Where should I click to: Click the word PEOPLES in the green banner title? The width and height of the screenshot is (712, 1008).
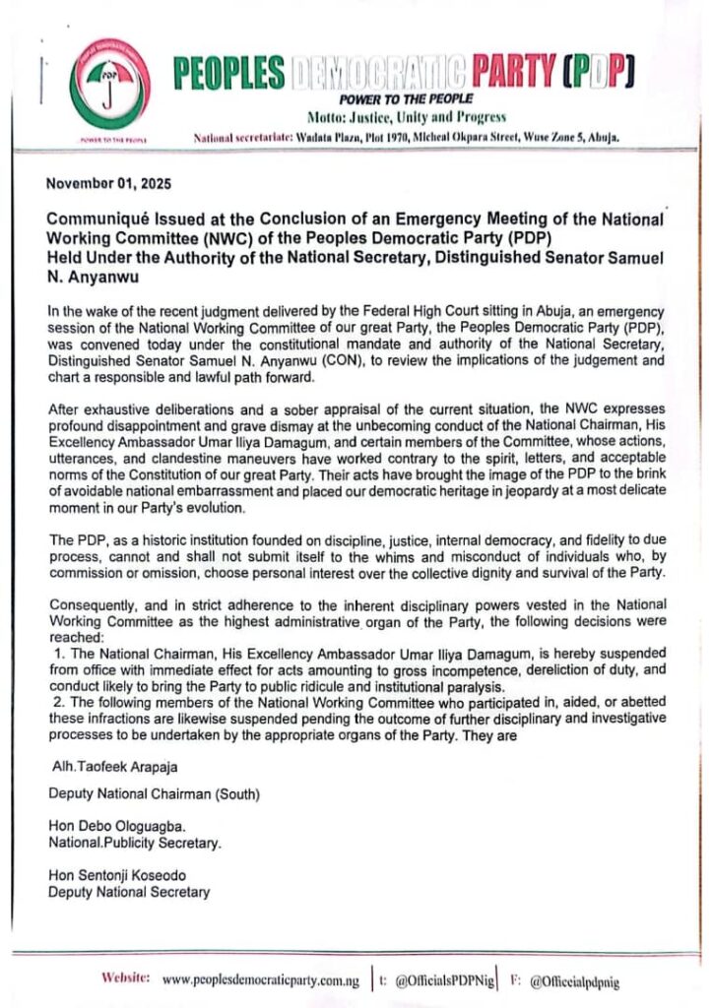click(x=228, y=73)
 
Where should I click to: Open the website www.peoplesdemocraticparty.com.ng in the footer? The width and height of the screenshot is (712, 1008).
click(x=260, y=980)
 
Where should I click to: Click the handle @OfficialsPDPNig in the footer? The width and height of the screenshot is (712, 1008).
click(x=441, y=980)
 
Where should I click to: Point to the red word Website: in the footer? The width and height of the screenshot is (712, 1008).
click(x=125, y=979)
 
